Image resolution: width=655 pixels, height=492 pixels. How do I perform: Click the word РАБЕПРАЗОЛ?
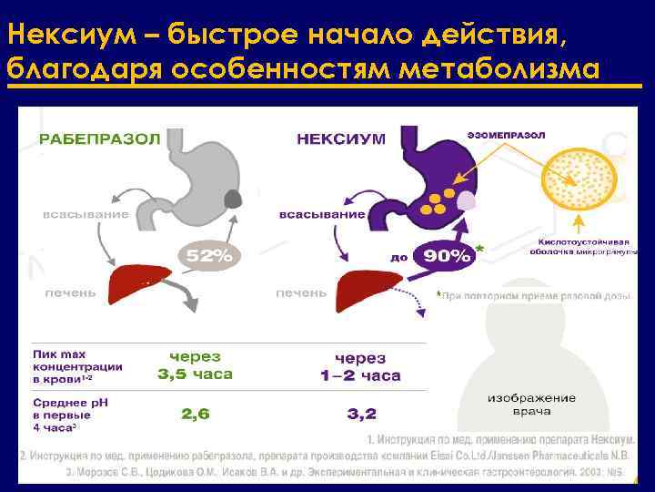coord(99,138)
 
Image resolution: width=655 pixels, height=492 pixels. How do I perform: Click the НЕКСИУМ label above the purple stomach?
coord(341,138)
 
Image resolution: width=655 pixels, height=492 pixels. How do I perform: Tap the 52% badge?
coord(210,256)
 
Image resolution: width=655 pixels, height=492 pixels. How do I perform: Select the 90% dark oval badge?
coord(446,256)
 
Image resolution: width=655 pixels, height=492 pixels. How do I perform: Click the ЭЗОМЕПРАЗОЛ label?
coord(509,135)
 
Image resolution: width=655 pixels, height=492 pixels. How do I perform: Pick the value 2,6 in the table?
coord(196,414)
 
